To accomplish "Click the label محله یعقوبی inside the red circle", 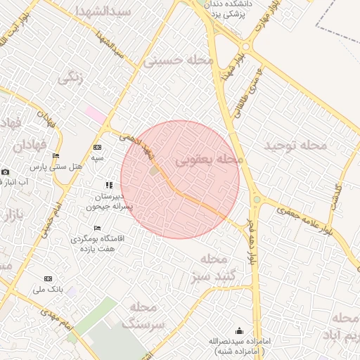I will [208, 160].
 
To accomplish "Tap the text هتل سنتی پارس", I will [56, 167].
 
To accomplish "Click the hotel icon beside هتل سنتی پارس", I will [56, 155].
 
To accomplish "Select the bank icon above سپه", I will [97, 147].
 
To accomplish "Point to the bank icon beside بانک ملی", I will [48, 278].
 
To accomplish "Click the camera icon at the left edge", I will [6, 172].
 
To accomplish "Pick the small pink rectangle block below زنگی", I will [96, 112].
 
